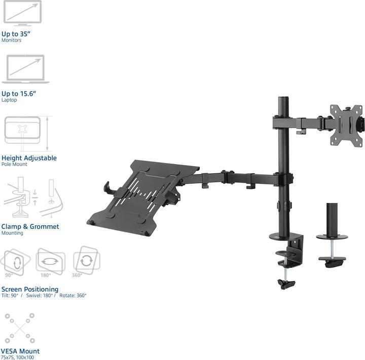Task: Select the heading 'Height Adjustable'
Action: (29, 158)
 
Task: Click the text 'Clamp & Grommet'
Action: (30, 227)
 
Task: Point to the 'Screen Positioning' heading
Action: (29, 290)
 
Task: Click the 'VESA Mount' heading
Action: (20, 351)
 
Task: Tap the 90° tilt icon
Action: (15, 261)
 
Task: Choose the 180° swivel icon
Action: (50, 261)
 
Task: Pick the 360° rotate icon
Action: (86, 260)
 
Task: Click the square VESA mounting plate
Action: (347, 125)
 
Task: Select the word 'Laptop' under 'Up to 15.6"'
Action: (9, 100)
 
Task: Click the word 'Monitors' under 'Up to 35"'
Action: (11, 41)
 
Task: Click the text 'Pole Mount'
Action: (14, 165)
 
